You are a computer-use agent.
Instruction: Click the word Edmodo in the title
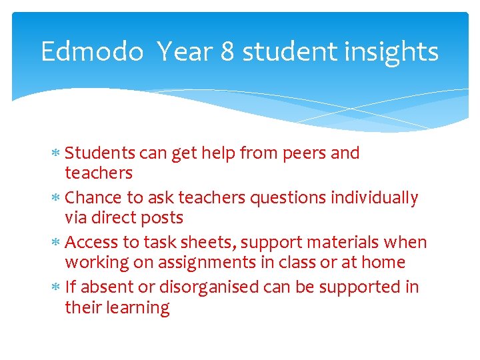(92, 51)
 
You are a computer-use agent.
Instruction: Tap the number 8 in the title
(227, 51)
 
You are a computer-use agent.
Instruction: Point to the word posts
(162, 218)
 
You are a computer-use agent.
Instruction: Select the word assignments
(199, 263)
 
